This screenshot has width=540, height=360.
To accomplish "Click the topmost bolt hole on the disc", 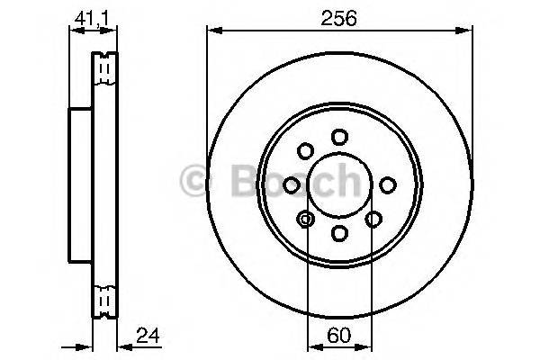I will click(x=339, y=137).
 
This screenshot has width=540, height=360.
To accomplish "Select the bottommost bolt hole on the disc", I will click(x=339, y=233).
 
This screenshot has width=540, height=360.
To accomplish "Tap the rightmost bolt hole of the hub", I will click(x=388, y=184).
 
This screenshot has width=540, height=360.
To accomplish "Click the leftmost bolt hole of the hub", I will click(x=291, y=184).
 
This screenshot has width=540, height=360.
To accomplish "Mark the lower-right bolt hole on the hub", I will click(x=373, y=218).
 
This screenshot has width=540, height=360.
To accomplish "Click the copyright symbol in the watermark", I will click(x=195, y=181).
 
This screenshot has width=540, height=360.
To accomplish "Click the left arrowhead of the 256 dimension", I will click(x=212, y=31).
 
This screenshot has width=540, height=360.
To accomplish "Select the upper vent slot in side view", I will click(x=105, y=68).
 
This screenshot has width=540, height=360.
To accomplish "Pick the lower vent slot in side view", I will click(x=105, y=298).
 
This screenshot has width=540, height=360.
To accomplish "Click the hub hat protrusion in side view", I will click(x=80, y=184).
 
